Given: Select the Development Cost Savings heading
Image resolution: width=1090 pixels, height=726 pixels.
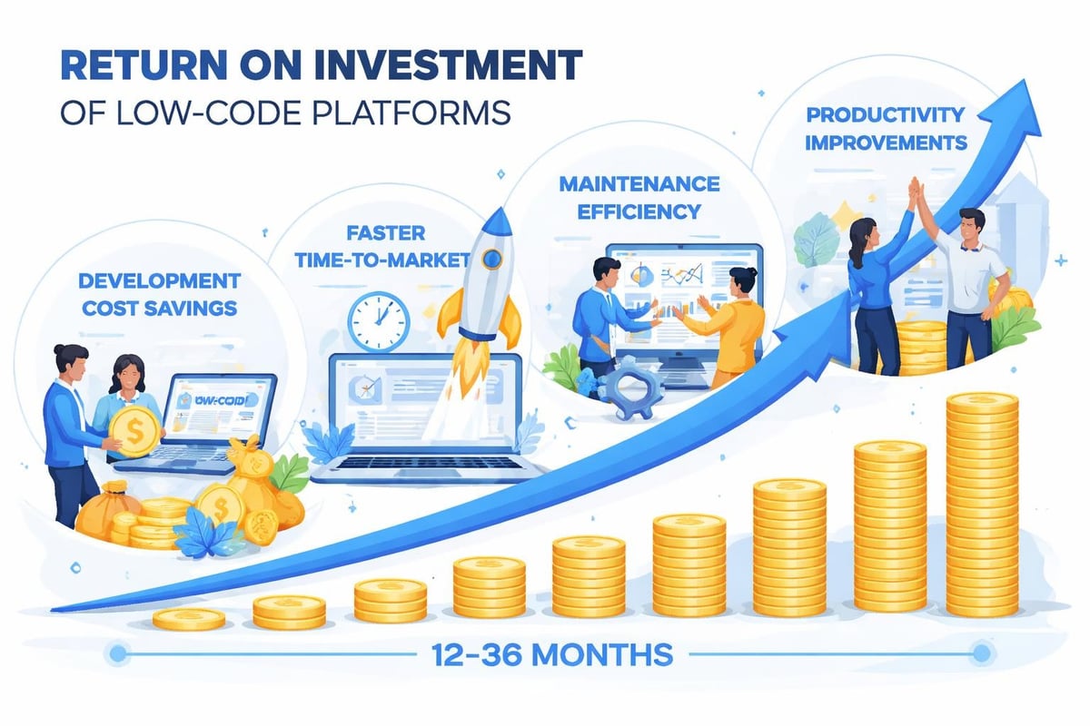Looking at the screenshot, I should click(160, 294).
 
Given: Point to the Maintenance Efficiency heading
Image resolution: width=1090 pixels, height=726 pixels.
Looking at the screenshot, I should click(639, 197).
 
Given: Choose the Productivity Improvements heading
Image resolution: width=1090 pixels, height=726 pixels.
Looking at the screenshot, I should click(886, 129).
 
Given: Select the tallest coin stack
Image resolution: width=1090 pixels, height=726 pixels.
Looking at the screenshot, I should click(982, 504).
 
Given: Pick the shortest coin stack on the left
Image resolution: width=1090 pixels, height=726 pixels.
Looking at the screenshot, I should click(189, 620).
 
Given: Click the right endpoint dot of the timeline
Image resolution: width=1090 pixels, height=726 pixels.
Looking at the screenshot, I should click(979, 652).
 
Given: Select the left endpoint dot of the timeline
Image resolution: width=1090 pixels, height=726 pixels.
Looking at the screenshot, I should click(116, 652).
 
